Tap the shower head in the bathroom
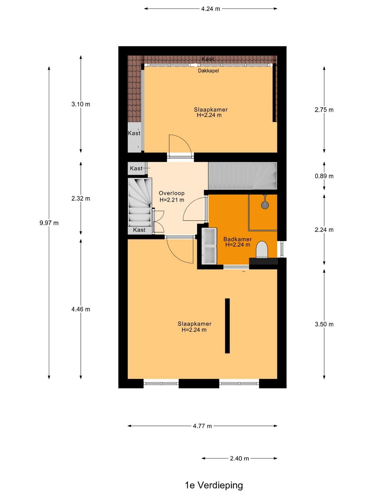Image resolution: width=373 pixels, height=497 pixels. coord(265,205)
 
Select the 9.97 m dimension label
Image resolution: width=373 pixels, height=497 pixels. coord(49,223)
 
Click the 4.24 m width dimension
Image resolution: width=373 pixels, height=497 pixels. coord(211,9)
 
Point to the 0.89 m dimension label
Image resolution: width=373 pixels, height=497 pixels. coord(324,176)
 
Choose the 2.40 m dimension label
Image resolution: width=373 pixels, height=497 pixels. coord(239,458)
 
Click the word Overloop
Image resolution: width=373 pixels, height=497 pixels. coord(172,193)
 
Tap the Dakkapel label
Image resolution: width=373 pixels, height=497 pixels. coord(208,71)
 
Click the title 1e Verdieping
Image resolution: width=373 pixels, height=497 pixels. coord(214,485)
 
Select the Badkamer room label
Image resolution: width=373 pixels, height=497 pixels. coord(238,239)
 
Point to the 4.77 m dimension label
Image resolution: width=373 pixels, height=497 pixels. coord(202,426)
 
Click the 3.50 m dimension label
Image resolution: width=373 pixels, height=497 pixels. coord(324,324)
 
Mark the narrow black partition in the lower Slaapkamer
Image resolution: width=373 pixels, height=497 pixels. coord(227,326)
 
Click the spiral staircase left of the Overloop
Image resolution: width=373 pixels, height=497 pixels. coord(140,202)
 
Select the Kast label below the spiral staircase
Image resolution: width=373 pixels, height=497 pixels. coord(139,230)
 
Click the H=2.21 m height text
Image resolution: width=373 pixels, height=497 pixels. coord(172,200)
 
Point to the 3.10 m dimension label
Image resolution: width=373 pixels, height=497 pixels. coord(80,104)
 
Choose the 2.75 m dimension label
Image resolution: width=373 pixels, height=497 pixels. coord(324,110)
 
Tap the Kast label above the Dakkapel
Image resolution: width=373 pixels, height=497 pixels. coord(208,59)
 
